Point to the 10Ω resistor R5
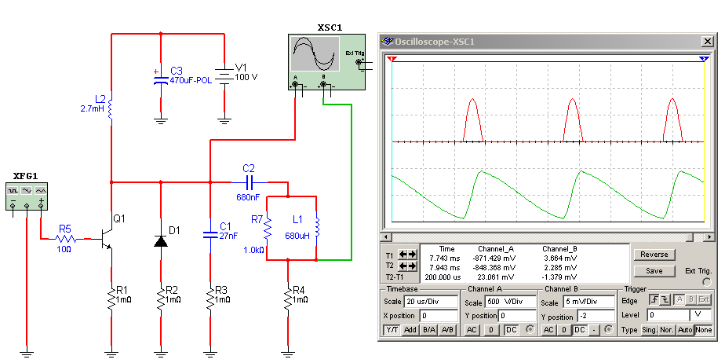click(66, 236)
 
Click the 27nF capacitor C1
click(209, 233)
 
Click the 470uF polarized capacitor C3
click(161, 79)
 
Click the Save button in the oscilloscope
click(654, 270)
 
